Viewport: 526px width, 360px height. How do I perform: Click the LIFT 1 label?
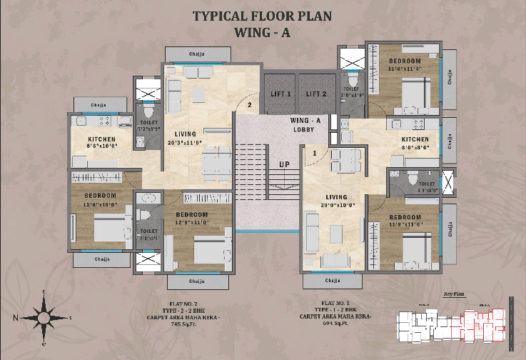(281, 94)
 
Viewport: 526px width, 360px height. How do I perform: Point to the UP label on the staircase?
(283, 164)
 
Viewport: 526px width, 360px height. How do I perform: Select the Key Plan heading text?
(453, 294)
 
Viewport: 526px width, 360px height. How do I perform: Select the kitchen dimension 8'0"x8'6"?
(415, 148)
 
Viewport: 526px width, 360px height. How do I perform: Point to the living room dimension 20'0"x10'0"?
(336, 206)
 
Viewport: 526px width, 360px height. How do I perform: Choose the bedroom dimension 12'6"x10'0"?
(100, 204)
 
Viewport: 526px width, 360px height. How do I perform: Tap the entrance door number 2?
(250, 106)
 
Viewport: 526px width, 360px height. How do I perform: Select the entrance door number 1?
(314, 153)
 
